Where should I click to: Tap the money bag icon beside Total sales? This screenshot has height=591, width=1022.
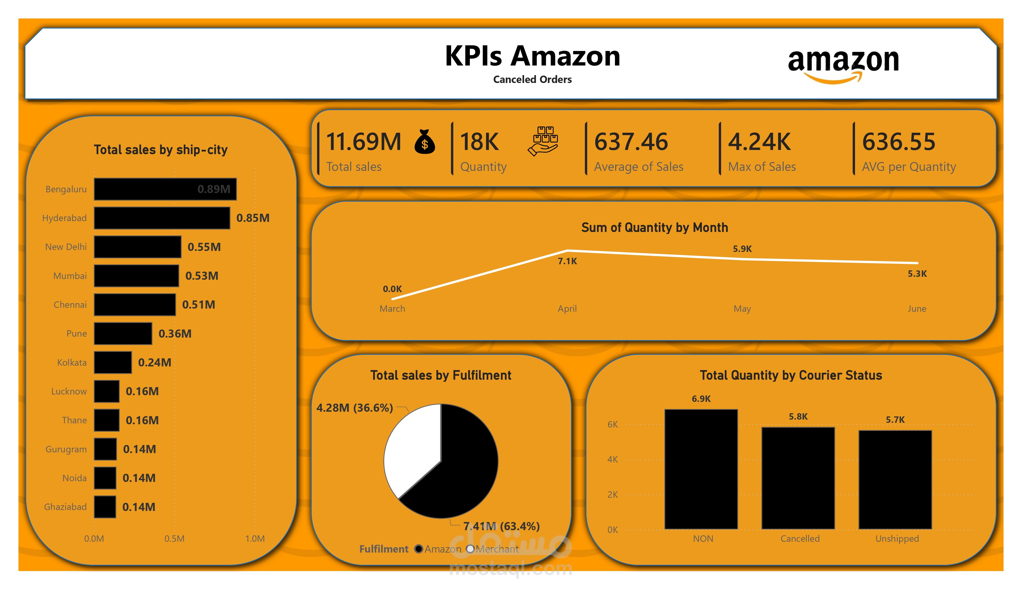tap(425, 142)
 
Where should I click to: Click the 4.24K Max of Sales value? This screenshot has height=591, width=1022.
tap(759, 142)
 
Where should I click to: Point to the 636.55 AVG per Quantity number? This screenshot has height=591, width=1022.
tap(898, 142)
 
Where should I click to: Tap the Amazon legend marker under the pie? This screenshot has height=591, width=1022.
tap(419, 549)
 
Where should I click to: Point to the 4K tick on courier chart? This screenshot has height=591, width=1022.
tap(612, 460)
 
